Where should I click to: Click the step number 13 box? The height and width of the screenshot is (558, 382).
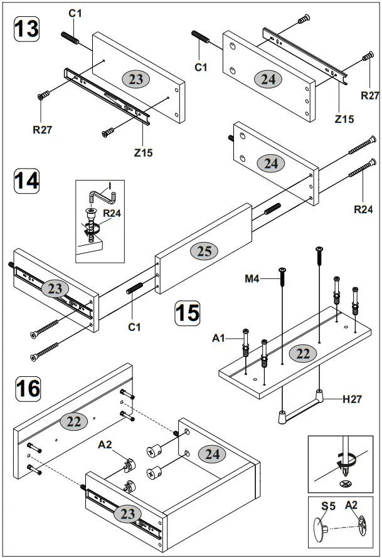click(x=26, y=29)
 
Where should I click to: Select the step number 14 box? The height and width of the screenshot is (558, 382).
click(x=26, y=180)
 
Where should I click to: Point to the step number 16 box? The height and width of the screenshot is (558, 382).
click(x=26, y=388)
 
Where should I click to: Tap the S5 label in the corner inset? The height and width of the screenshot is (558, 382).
click(x=328, y=505)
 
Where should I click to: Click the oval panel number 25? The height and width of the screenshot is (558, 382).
click(x=204, y=251)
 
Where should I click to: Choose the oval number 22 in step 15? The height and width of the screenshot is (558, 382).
click(x=302, y=354)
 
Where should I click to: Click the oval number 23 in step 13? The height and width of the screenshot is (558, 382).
click(x=135, y=79)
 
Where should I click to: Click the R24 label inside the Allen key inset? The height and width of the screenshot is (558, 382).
click(x=112, y=213)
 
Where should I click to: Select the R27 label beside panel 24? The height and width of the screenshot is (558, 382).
click(x=369, y=95)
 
